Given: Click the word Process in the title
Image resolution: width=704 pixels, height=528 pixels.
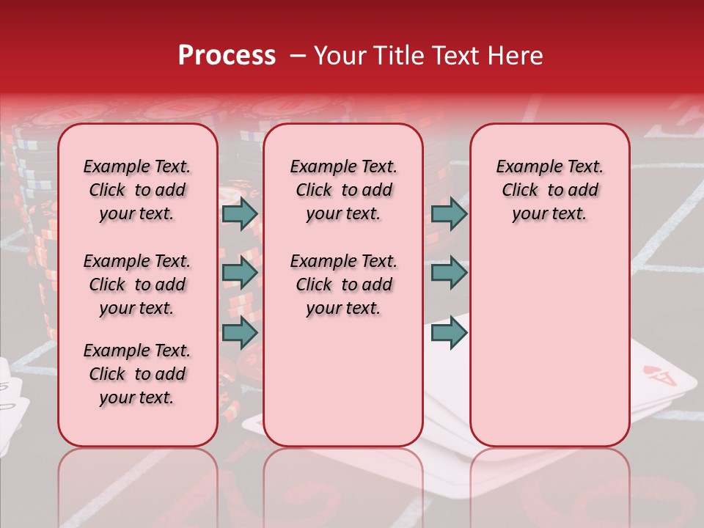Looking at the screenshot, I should pyautogui.click(x=227, y=56).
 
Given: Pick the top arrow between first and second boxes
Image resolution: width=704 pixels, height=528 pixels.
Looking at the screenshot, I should pyautogui.click(x=240, y=213).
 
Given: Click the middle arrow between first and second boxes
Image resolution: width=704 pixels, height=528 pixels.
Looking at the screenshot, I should pyautogui.click(x=240, y=273).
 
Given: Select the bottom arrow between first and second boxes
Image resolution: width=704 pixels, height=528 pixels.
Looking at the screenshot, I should pyautogui.click(x=240, y=332).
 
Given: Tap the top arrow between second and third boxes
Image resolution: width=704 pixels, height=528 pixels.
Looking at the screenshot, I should pyautogui.click(x=449, y=213).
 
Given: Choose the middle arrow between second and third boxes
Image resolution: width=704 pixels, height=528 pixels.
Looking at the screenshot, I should pyautogui.click(x=449, y=273).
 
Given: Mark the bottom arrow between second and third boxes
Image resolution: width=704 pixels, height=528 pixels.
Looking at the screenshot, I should pyautogui.click(x=449, y=332).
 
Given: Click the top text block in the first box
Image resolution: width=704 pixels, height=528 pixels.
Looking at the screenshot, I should pyautogui.click(x=137, y=190).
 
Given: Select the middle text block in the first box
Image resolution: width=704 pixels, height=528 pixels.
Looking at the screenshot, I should pyautogui.click(x=137, y=285).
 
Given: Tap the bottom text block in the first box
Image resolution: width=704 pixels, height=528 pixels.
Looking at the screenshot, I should pyautogui.click(x=137, y=374).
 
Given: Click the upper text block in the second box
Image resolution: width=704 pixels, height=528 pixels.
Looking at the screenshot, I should pyautogui.click(x=343, y=190).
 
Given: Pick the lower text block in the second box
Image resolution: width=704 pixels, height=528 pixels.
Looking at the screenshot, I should pyautogui.click(x=343, y=285).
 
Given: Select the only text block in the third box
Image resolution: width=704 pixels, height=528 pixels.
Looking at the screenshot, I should pyautogui.click(x=549, y=190).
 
